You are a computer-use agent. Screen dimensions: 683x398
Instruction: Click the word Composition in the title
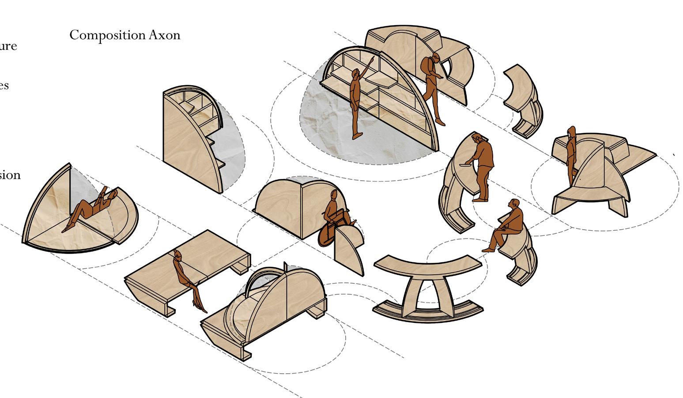107,35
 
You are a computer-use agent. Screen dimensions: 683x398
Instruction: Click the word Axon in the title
164,35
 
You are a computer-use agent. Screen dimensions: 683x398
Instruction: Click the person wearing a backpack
432,86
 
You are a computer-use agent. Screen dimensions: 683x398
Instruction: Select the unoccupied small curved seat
524,99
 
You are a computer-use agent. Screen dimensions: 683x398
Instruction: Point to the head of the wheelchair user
334,195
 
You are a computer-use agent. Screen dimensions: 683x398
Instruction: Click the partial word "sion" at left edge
10,175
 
